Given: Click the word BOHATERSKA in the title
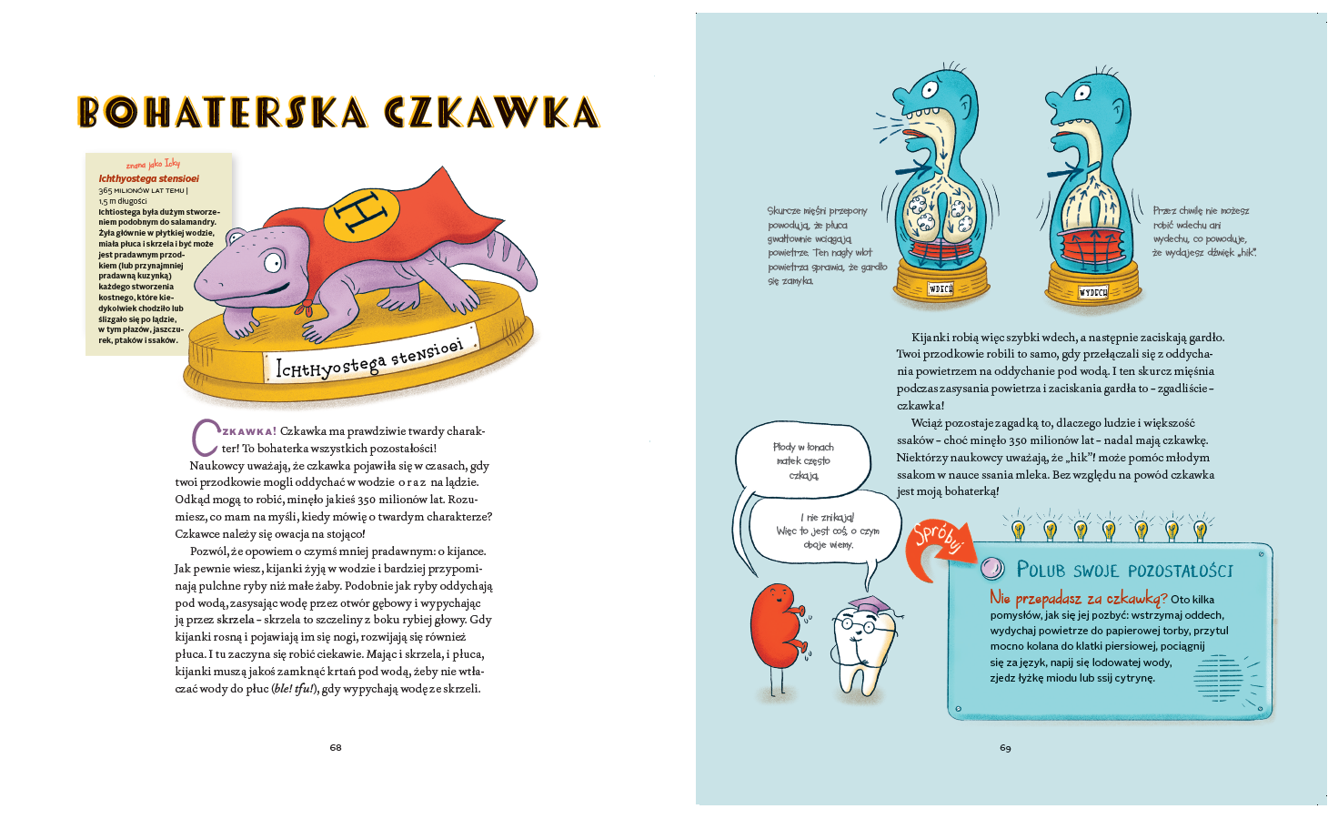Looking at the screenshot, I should (x=224, y=113).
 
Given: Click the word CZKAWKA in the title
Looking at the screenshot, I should (x=492, y=113).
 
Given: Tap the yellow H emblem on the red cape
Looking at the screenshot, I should (x=361, y=215).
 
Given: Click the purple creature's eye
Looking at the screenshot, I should (x=273, y=264).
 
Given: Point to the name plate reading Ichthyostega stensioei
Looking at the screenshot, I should (x=370, y=360).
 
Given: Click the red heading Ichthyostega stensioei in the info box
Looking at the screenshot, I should (x=148, y=178).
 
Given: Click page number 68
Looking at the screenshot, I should (x=336, y=747).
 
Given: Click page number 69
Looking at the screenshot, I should (x=1005, y=747).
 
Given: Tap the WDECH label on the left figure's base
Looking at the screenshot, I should (x=941, y=288).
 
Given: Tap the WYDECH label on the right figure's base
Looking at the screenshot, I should (x=1092, y=292).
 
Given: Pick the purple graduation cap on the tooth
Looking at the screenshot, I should (x=870, y=605).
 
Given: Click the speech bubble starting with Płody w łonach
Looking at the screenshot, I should (x=803, y=461).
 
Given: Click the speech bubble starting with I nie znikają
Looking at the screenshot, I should (x=827, y=531).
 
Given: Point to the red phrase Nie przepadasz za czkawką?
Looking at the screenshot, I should (x=1078, y=598).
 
